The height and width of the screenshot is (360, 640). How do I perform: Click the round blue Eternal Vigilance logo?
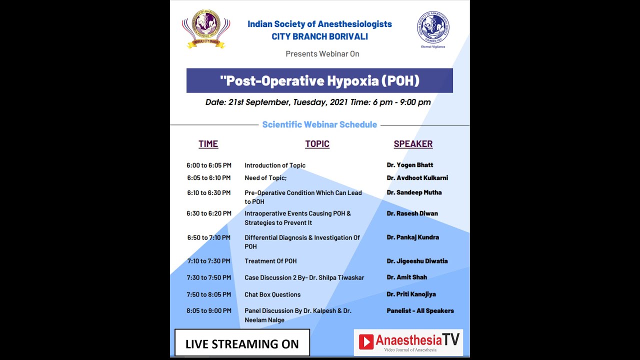tap(433, 28)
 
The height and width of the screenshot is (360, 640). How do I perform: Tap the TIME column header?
tap(208, 144)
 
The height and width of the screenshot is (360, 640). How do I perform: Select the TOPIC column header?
tap(317, 144)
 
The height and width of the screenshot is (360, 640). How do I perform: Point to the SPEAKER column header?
tap(413, 144)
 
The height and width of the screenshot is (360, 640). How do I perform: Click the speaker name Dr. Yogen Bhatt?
tap(410, 165)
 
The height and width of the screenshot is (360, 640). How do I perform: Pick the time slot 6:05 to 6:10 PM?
tap(209, 178)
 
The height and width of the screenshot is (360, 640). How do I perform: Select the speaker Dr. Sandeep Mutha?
tap(414, 192)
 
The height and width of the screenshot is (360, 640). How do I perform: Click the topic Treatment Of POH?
tap(270, 261)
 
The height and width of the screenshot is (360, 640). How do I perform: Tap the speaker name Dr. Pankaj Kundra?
tap(412, 237)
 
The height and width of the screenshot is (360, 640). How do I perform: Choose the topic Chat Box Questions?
tap(272, 294)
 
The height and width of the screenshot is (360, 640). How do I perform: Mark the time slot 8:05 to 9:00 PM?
tap(209, 310)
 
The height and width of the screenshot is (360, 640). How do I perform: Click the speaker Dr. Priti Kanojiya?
tap(411, 294)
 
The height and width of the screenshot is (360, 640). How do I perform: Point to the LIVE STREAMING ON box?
tap(242, 343)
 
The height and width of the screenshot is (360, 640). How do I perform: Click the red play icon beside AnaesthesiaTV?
tap(366, 341)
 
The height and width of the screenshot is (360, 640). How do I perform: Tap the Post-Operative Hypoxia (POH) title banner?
tap(319, 80)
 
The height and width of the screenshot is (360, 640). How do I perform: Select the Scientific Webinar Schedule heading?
tap(319, 124)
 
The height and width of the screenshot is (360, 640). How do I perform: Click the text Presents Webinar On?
tap(322, 54)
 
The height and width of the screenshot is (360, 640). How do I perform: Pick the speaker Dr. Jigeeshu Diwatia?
tap(417, 261)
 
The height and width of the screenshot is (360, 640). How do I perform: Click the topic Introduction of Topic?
tap(275, 165)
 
